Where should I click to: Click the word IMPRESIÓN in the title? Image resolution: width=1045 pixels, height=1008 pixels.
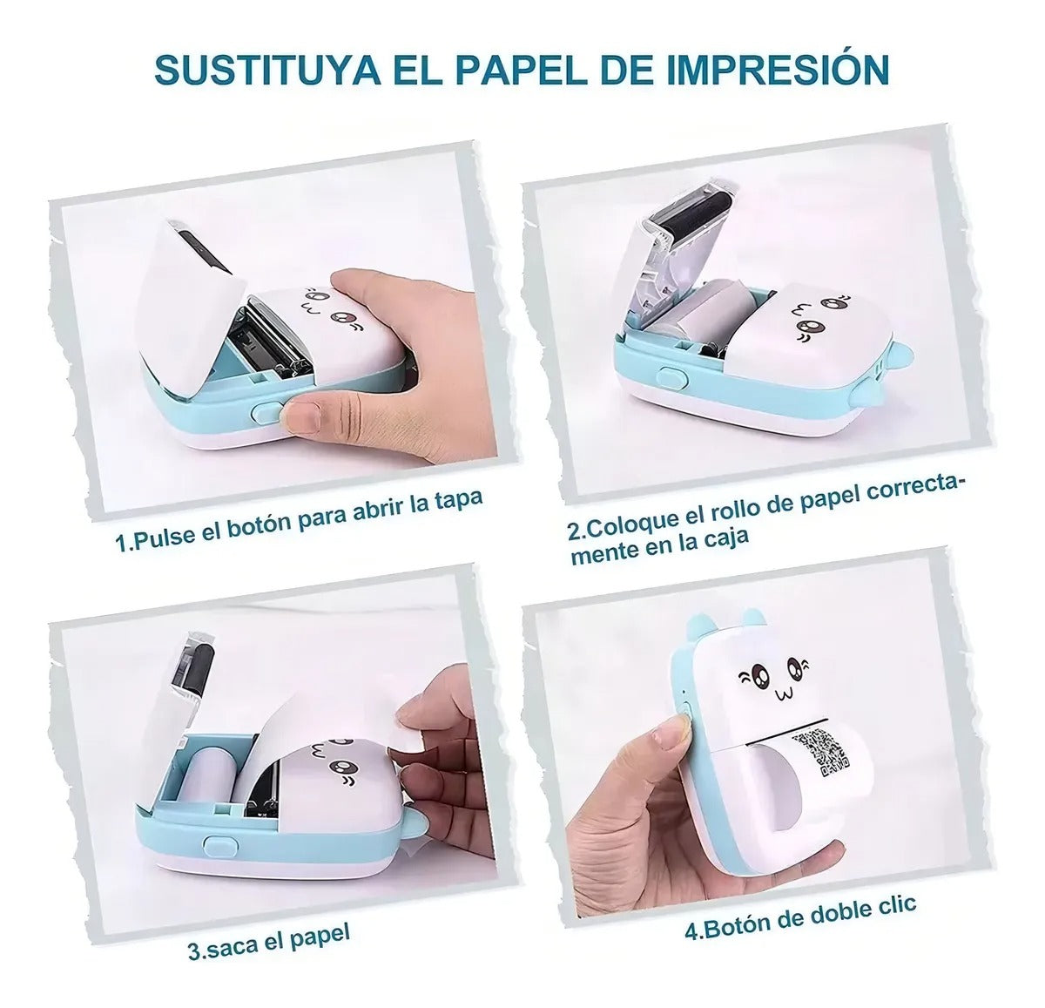(x=778, y=71)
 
